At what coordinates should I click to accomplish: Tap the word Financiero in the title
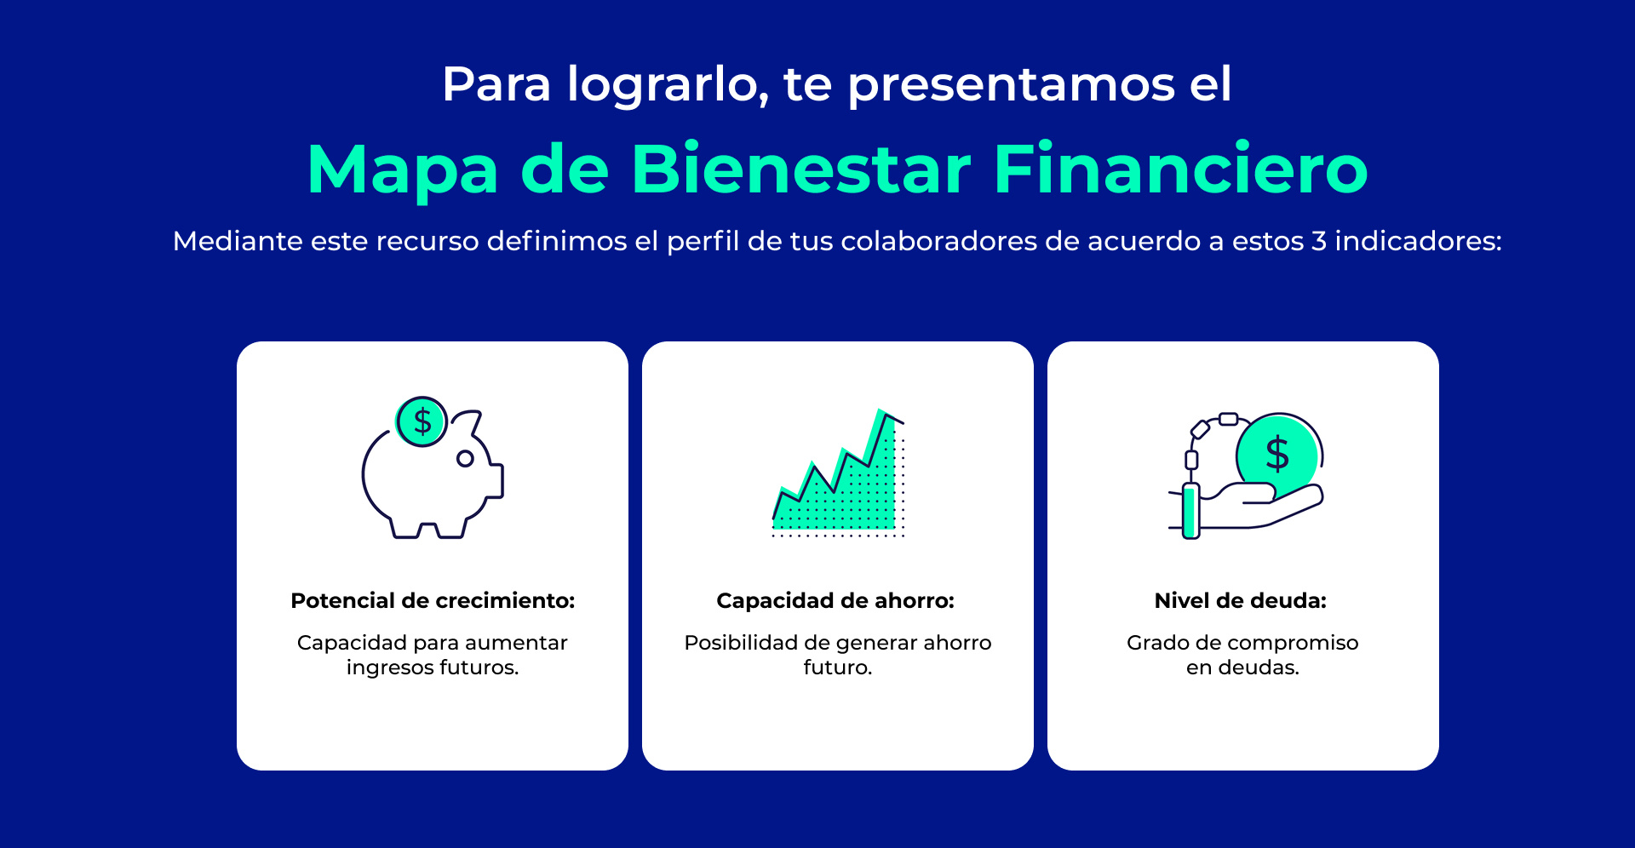(1180, 169)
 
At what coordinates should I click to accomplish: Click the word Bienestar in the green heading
(800, 169)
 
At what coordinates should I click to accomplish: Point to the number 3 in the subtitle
(1319, 241)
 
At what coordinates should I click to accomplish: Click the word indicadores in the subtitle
(1418, 241)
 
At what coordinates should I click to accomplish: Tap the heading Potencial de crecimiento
(433, 600)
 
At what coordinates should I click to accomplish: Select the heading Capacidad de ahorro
(835, 600)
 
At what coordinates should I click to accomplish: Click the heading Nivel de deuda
(1241, 600)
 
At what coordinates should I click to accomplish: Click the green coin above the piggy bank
(422, 421)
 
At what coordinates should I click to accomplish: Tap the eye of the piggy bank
(465, 459)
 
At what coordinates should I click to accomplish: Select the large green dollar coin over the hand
(1276, 455)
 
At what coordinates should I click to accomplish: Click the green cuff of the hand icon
(1190, 511)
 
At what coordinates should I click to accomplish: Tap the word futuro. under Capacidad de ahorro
(838, 668)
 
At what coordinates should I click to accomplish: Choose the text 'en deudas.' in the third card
(1242, 668)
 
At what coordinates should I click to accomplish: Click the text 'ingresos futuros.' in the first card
(433, 668)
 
